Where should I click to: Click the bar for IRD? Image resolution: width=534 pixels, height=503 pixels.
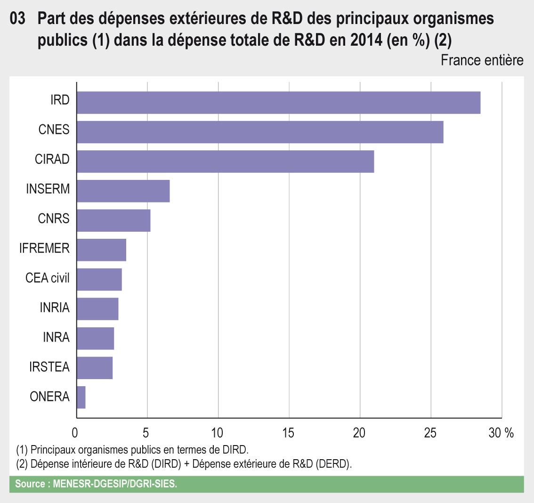click(x=278, y=103)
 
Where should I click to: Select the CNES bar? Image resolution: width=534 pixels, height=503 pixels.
click(x=260, y=132)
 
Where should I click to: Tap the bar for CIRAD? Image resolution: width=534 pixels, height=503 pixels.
click(x=225, y=162)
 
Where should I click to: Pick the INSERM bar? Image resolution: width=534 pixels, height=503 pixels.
click(x=123, y=191)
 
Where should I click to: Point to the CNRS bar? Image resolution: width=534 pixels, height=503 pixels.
click(x=113, y=220)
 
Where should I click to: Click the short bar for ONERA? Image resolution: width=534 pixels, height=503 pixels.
click(x=81, y=398)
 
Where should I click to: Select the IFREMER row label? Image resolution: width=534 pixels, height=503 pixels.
click(x=44, y=248)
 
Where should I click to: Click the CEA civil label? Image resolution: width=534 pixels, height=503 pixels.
click(x=47, y=278)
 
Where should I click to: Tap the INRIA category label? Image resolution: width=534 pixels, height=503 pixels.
click(x=55, y=308)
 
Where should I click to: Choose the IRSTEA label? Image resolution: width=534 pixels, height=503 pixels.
click(x=49, y=367)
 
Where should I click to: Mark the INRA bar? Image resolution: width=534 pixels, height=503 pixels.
click(x=95, y=339)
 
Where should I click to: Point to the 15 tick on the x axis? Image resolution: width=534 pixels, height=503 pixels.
click(x=288, y=433)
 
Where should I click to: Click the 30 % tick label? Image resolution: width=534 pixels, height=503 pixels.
click(x=501, y=433)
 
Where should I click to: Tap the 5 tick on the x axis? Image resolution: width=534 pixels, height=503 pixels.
click(x=146, y=433)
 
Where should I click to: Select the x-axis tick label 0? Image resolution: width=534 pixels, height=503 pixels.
click(x=75, y=433)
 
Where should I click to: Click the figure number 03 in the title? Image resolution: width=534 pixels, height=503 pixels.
click(x=17, y=19)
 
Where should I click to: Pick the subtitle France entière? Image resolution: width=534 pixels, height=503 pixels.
click(x=482, y=60)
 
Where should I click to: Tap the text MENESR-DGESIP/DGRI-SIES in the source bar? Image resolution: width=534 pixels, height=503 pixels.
click(x=115, y=484)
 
